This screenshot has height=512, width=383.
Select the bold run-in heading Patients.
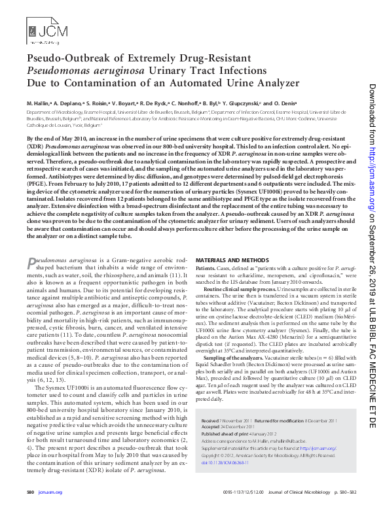[213, 267]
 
